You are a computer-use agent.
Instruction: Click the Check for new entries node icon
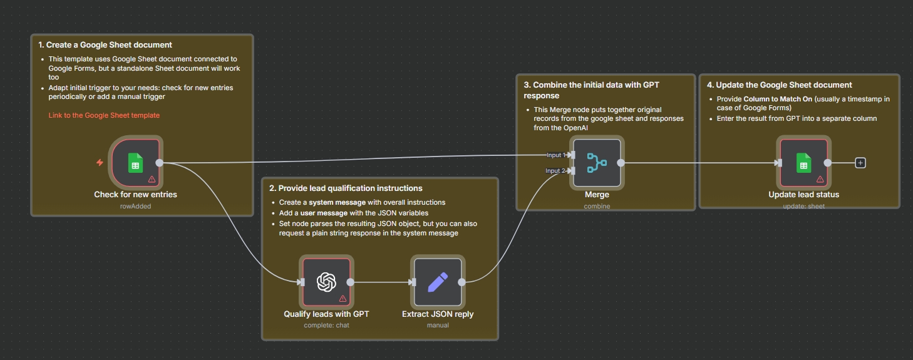click(136, 163)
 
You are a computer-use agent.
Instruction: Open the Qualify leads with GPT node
click(326, 282)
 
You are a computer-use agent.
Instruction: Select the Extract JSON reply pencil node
click(438, 282)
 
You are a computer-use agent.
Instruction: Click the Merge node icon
click(597, 163)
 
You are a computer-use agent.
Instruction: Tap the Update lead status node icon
click(803, 163)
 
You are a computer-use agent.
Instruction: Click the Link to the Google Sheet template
click(104, 115)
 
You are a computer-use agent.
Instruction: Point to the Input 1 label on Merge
click(555, 155)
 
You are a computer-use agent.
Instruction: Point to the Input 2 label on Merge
click(555, 171)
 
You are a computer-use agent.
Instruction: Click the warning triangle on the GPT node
click(343, 299)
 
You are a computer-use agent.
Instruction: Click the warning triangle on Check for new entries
click(152, 179)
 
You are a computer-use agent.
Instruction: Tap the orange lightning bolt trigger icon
click(100, 163)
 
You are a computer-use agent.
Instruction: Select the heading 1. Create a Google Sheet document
click(105, 45)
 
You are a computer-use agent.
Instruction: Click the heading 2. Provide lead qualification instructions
click(346, 188)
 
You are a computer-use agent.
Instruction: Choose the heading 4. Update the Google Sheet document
click(779, 85)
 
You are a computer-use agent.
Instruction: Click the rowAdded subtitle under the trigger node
click(135, 205)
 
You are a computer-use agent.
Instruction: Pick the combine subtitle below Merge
click(597, 205)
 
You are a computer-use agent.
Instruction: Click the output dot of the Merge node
click(621, 163)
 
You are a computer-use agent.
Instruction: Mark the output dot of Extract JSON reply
click(462, 282)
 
